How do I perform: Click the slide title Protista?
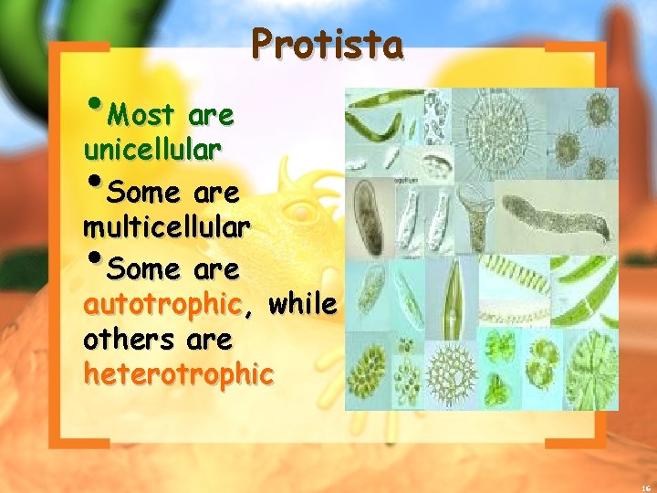click(x=327, y=43)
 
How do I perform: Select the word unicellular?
click(x=151, y=150)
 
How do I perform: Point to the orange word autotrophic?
click(x=162, y=304)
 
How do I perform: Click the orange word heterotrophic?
click(x=178, y=373)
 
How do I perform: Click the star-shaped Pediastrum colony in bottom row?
click(x=451, y=375)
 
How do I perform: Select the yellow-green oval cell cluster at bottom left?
click(x=369, y=374)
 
